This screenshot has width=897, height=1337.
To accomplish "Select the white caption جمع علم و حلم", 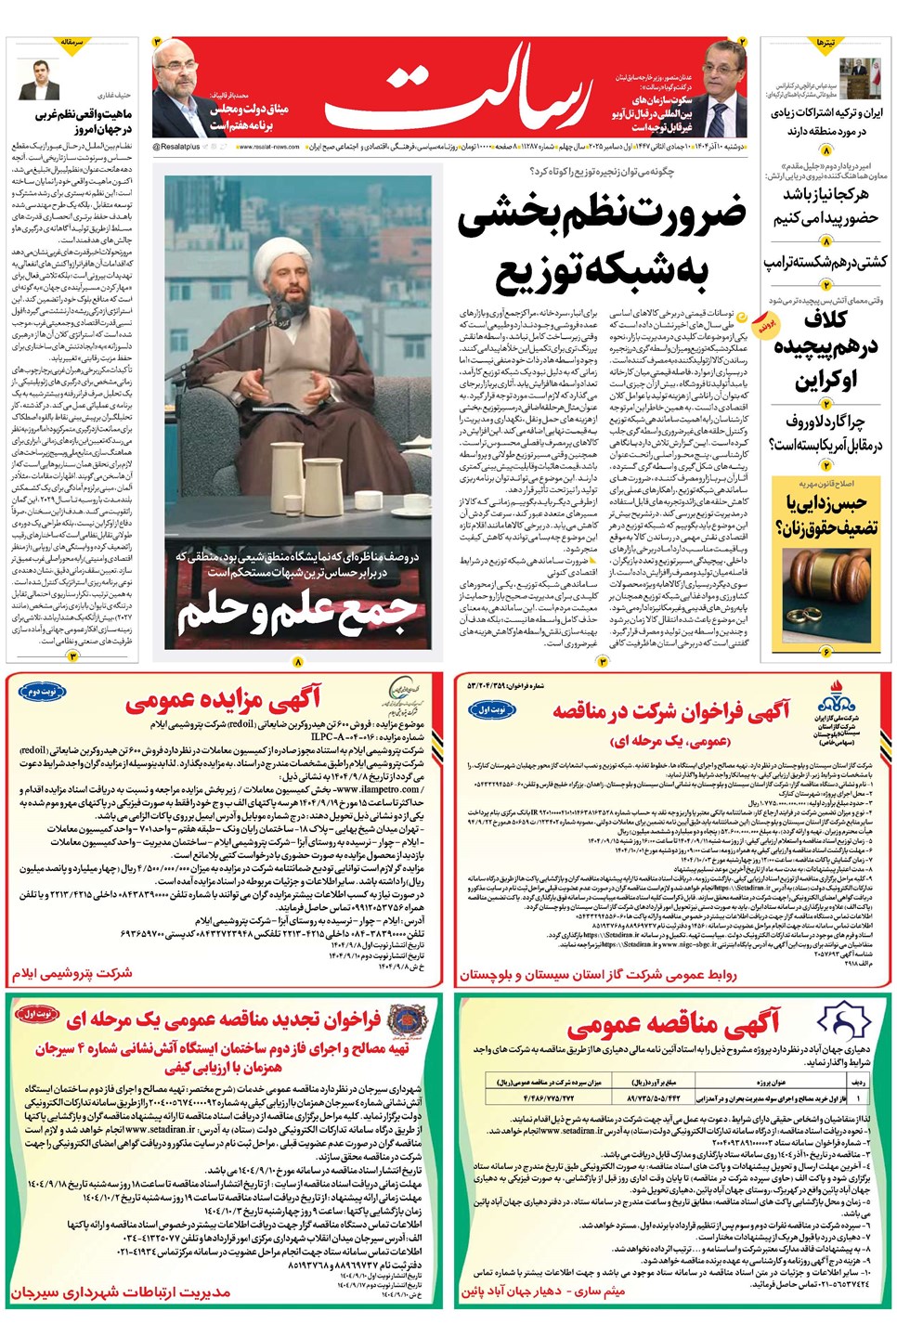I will pos(297,614).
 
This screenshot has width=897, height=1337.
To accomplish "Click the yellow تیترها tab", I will pos(825,44).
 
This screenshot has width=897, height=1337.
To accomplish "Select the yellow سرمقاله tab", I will pos(71,44).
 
